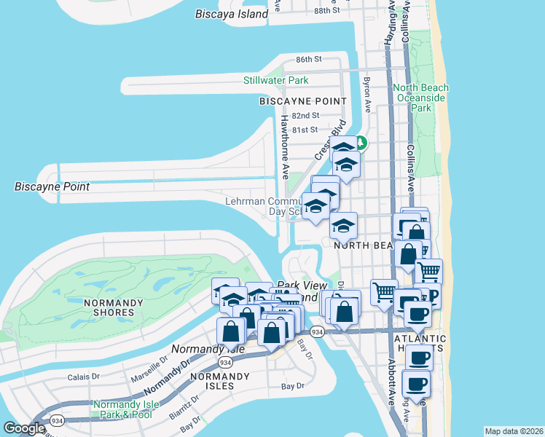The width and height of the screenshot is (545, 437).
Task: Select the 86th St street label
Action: click(x=309, y=59)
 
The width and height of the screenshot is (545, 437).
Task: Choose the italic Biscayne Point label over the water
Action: click(x=52, y=186)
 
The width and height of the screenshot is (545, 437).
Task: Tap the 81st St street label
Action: click(x=305, y=130)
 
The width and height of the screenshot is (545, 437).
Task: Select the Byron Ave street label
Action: click(x=367, y=95)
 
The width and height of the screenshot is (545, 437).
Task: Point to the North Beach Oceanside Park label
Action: click(x=420, y=98)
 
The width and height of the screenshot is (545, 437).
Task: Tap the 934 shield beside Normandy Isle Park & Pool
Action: click(x=58, y=420)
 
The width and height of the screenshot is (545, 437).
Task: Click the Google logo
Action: click(x=24, y=428)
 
